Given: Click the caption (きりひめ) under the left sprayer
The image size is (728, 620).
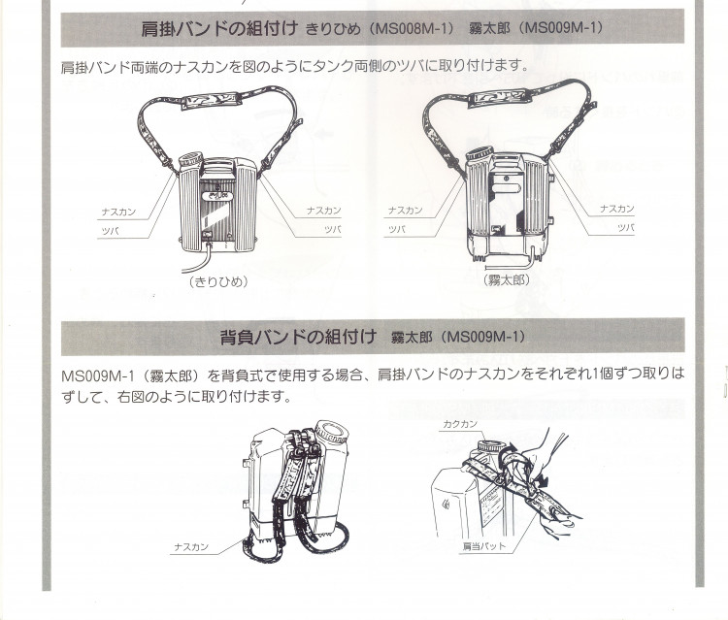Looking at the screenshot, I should (x=217, y=282).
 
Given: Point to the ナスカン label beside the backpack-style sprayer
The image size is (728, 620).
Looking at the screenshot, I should (x=191, y=547).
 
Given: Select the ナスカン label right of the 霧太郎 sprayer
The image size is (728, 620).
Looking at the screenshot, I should (x=616, y=209).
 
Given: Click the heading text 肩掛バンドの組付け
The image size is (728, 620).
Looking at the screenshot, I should (x=220, y=29).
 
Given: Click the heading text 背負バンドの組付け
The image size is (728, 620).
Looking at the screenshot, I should (x=298, y=338).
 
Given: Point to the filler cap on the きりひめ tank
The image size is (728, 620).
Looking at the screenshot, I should (x=191, y=158).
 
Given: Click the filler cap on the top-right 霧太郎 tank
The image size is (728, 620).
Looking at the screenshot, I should (x=480, y=154).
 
